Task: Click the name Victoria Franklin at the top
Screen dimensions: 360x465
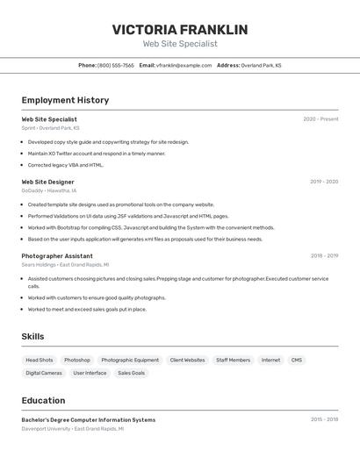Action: [180, 30]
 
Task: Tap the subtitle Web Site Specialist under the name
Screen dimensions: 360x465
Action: [180, 44]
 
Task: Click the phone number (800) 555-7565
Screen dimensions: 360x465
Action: [116, 65]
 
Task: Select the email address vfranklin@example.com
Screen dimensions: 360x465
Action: [184, 65]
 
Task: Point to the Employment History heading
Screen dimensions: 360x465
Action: [65, 100]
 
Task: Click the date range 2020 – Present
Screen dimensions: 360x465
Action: [320, 119]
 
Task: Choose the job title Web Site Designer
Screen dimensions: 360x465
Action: [47, 182]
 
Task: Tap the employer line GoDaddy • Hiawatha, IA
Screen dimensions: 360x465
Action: [49, 190]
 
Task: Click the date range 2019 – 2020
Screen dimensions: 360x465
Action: [324, 182]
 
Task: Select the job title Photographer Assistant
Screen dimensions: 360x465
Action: [57, 256]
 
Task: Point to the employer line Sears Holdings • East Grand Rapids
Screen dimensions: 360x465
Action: [65, 264]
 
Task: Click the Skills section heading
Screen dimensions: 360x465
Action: [32, 336]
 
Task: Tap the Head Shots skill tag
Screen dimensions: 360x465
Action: [39, 360]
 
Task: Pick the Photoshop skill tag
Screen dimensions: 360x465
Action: [76, 360]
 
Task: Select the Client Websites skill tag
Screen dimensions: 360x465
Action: [187, 360]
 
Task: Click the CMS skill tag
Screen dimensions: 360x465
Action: [297, 360]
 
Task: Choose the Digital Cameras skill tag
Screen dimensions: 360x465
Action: [44, 373]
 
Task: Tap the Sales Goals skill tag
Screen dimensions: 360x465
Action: [131, 373]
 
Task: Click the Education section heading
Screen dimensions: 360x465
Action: [43, 400]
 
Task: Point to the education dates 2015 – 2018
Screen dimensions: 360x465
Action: [324, 419]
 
